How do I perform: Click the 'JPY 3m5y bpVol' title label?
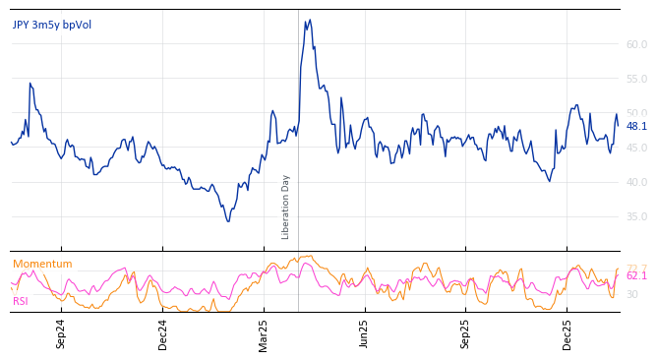pos(52,25)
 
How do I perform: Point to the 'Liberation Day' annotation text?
pos(286,207)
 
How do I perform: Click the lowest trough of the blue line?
pos(228,220)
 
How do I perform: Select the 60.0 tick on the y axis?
pos(636,44)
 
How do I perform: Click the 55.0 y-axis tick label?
pos(636,79)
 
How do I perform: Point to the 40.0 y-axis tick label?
pos(636,182)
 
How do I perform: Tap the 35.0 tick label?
pos(636,216)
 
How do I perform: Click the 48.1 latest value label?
pos(636,126)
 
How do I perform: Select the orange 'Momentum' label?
pos(42,264)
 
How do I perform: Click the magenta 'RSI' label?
pos(21,301)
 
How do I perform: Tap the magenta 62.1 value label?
pos(636,276)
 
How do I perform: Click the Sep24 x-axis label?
pos(61,333)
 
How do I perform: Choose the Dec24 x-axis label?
pos(162,333)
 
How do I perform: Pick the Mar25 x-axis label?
pos(264,333)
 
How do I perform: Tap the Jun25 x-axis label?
pos(365,333)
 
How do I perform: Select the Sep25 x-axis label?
pos(465,333)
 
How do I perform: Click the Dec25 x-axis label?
pos(567,333)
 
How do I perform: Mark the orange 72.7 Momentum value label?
pos(636,268)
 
